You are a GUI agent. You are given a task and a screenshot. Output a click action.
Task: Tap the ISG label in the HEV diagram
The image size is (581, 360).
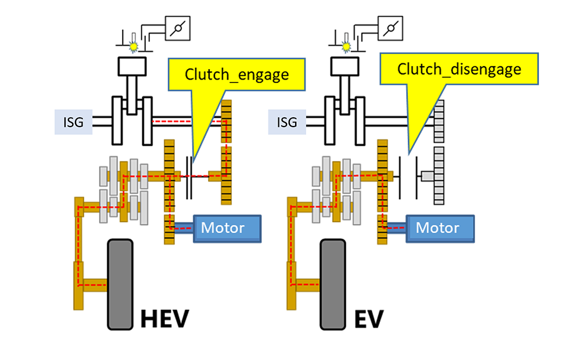tap(73, 122)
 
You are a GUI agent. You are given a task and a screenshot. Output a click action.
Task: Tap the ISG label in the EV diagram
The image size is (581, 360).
tap(287, 122)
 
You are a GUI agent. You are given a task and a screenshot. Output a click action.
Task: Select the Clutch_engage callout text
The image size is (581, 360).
tap(236, 74)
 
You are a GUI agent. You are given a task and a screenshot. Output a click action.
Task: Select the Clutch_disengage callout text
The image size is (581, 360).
tap(459, 70)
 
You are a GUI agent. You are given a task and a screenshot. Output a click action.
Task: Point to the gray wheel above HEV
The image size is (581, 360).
tap(120, 285)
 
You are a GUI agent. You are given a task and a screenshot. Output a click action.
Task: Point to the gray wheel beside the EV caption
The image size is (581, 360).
tap(333, 285)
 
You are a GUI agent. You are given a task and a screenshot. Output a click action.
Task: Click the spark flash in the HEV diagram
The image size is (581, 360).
tap(134, 45)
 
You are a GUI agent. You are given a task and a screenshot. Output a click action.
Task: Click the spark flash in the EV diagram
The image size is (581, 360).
tap(347, 45)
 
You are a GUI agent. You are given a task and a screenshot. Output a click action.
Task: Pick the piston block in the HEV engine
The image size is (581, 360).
tap(131, 66)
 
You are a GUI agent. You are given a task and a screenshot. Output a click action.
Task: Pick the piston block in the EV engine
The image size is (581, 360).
tap(345, 66)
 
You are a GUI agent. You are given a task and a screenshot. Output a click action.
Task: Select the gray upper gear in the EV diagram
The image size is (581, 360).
tap(439, 119)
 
